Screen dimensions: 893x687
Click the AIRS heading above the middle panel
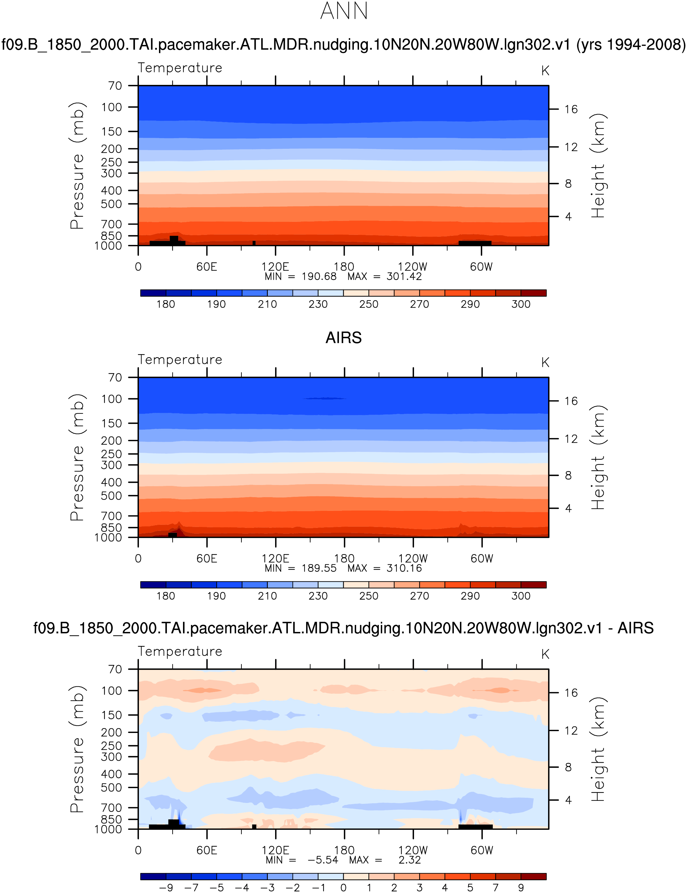pyautogui.click(x=343, y=338)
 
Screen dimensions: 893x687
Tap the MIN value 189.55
pyautogui.click(x=319, y=568)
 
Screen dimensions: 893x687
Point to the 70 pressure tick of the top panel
pyautogui.click(x=115, y=86)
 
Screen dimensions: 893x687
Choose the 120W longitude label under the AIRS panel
pyautogui.click(x=413, y=559)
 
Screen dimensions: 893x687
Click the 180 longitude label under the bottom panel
pyautogui.click(x=344, y=850)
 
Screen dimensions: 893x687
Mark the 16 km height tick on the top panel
pyautogui.click(x=571, y=109)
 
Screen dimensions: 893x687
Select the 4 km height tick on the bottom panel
pyautogui.click(x=568, y=800)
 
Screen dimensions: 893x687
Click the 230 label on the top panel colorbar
pyautogui.click(x=318, y=304)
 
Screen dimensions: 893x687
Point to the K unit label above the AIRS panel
pyautogui.click(x=545, y=363)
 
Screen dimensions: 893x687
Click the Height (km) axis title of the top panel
pyautogui.click(x=598, y=166)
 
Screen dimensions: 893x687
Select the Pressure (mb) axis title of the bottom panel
pyautogui.click(x=77, y=749)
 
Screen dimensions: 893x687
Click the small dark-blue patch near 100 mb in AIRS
pyautogui.click(x=325, y=398)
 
